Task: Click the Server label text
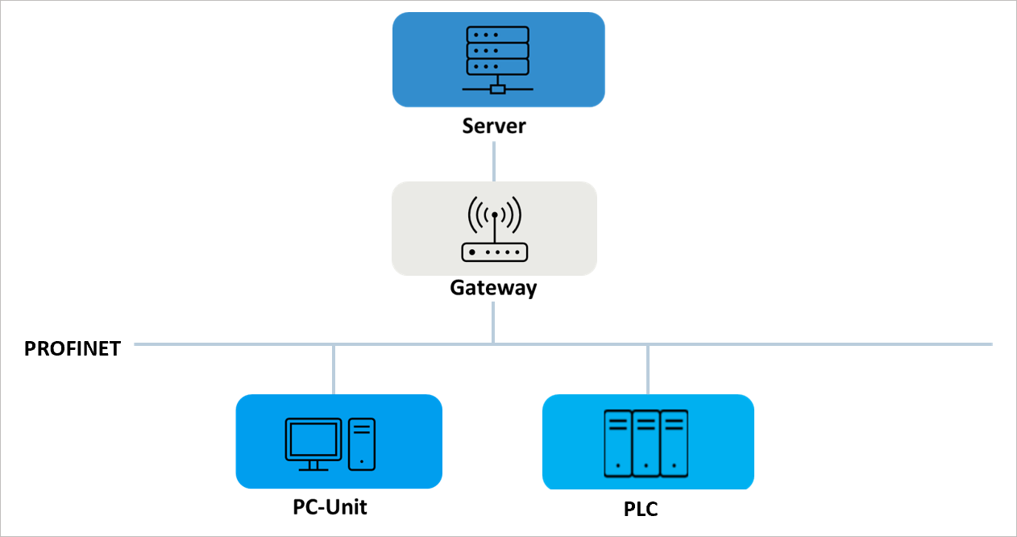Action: pyautogui.click(x=493, y=127)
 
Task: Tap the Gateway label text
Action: pyautogui.click(x=493, y=288)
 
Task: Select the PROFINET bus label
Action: pyautogui.click(x=73, y=348)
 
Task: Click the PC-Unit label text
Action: pyautogui.click(x=330, y=507)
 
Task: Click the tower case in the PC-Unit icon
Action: pyautogui.click(x=362, y=443)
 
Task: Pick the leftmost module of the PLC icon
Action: pyautogui.click(x=618, y=443)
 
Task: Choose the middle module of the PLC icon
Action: pyautogui.click(x=646, y=443)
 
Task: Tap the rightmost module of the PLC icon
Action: pyautogui.click(x=674, y=443)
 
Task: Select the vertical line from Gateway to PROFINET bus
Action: pyautogui.click(x=493, y=323)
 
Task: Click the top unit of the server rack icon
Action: pyautogui.click(x=498, y=35)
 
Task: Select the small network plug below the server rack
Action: pyautogui.click(x=498, y=89)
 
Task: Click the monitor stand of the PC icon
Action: pyautogui.click(x=313, y=465)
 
